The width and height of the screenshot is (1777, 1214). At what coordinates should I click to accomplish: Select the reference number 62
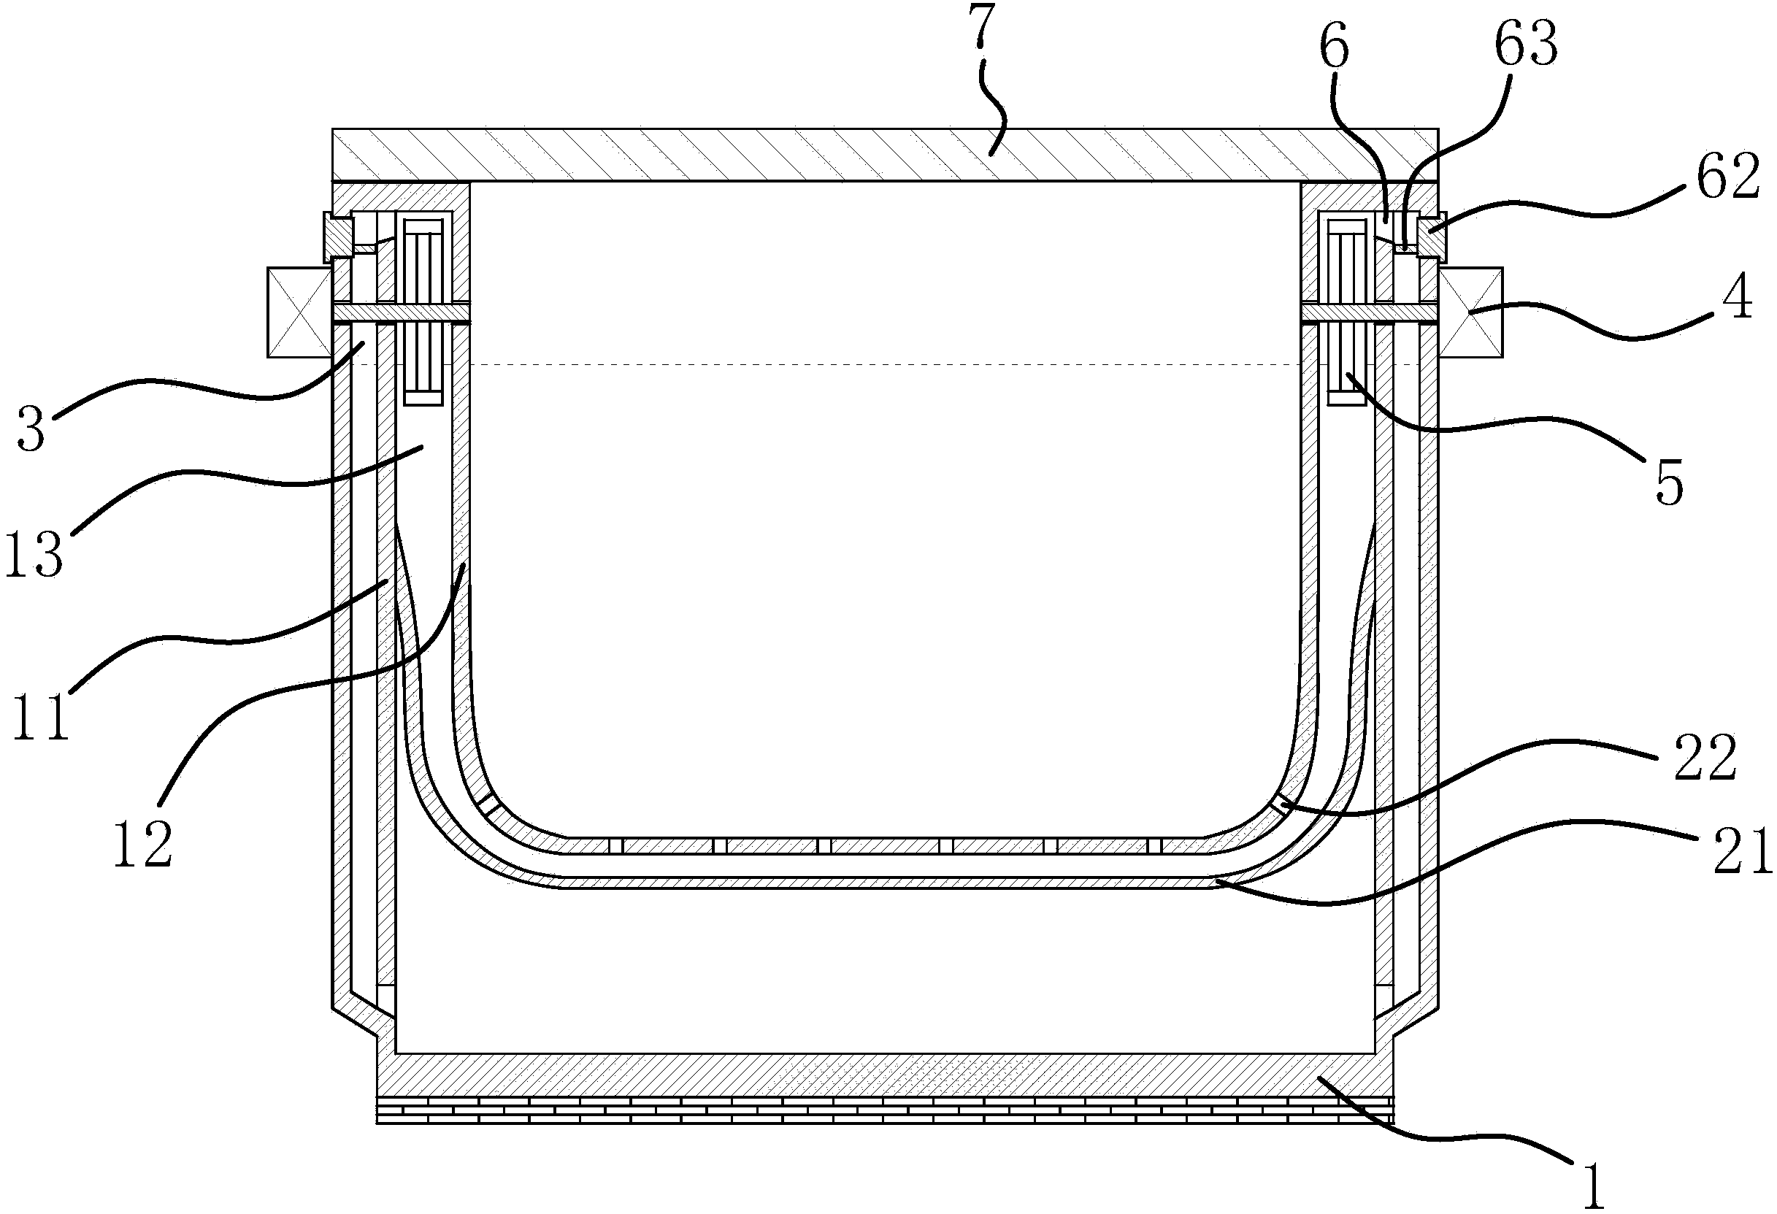click(1727, 177)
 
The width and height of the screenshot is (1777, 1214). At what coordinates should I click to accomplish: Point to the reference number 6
click(1334, 47)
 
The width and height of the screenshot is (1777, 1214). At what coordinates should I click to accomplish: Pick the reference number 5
click(1669, 483)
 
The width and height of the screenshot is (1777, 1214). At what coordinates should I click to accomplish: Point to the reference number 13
click(34, 553)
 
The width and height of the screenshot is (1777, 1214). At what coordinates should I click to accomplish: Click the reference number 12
click(143, 842)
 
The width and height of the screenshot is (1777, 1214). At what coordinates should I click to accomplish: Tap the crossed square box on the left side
click(299, 312)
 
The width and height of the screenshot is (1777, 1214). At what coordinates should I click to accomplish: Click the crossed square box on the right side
click(1470, 312)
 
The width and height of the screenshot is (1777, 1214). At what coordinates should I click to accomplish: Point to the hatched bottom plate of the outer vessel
click(885, 1075)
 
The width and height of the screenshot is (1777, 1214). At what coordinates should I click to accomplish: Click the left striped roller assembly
click(423, 312)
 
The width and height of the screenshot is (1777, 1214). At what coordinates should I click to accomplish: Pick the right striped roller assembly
click(1347, 312)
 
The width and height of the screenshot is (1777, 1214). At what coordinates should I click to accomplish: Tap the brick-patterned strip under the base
click(885, 1110)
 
